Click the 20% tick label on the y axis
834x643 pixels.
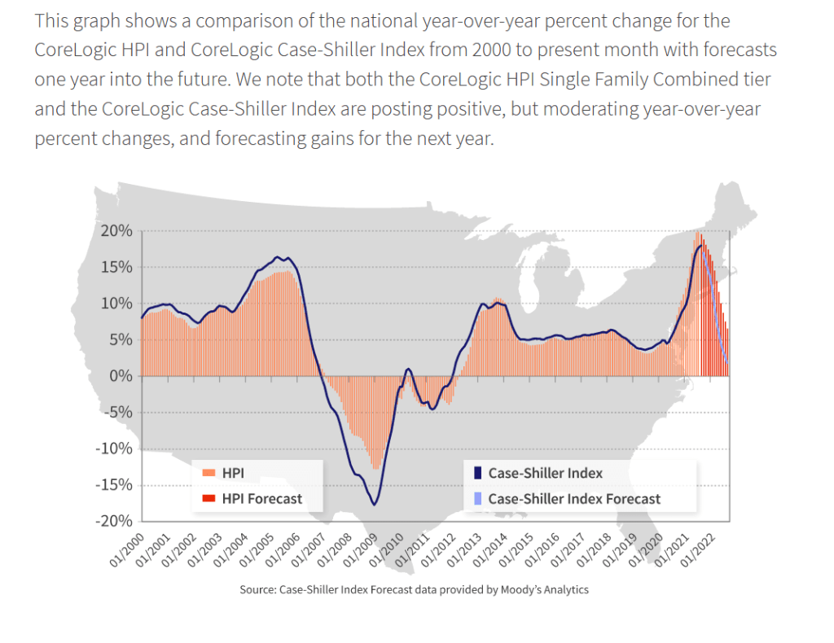[x=116, y=231]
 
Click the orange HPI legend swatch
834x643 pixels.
[x=209, y=473]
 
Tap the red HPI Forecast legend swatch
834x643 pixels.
[x=209, y=499]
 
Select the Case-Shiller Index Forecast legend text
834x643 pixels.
[x=574, y=499]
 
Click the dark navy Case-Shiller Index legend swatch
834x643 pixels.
[x=476, y=473]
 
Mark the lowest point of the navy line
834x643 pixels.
[x=374, y=505]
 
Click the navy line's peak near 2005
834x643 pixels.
[x=278, y=257]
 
